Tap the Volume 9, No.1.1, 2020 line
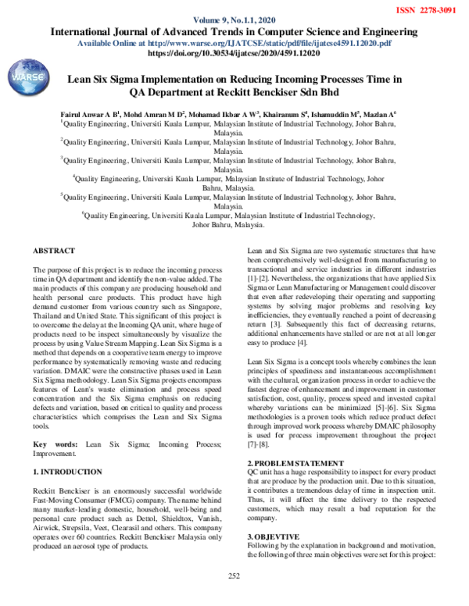pos(234,20)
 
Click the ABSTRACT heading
pos(54,251)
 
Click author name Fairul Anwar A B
pos(88,113)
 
